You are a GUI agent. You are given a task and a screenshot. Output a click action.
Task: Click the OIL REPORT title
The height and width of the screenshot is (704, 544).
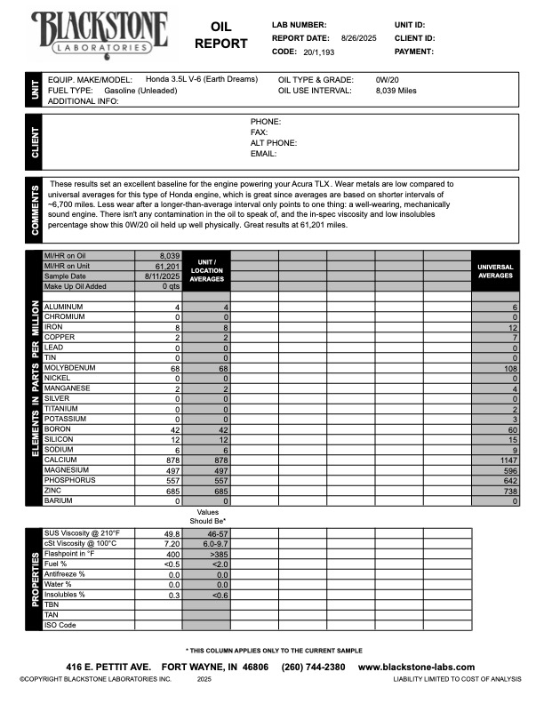pyautogui.click(x=215, y=36)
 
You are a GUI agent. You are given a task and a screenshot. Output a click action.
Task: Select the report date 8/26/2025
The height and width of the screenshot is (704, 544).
pyautogui.click(x=360, y=38)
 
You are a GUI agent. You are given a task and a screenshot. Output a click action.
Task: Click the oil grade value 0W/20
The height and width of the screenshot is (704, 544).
pyautogui.click(x=388, y=79)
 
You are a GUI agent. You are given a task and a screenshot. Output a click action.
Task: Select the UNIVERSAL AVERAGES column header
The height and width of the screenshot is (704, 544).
pyautogui.click(x=495, y=270)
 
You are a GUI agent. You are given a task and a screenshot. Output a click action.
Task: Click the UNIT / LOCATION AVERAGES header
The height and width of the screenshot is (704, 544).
pyautogui.click(x=206, y=270)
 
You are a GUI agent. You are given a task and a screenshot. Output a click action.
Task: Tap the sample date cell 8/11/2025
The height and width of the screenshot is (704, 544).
pyautogui.click(x=161, y=276)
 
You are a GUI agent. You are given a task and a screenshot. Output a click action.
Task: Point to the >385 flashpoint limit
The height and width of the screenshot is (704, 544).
pyautogui.click(x=206, y=554)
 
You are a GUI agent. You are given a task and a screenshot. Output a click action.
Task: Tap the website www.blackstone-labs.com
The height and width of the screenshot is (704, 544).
pyautogui.click(x=416, y=667)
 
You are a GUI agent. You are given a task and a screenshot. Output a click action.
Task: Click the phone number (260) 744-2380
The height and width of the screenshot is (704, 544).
pyautogui.click(x=313, y=667)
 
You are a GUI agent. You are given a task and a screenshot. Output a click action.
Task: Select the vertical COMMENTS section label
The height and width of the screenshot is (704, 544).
pyautogui.click(x=35, y=210)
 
